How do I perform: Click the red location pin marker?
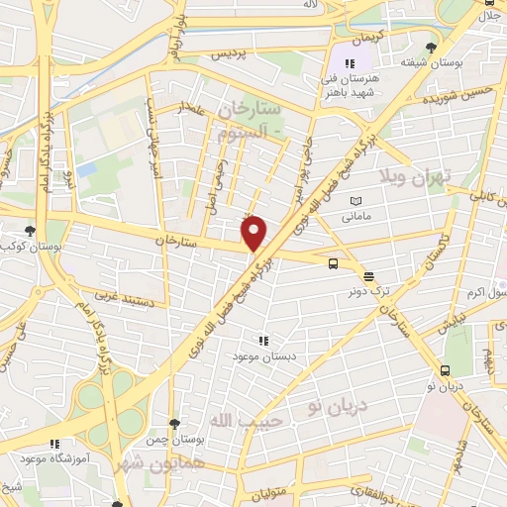pos(255,233)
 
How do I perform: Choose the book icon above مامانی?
pos(355,200)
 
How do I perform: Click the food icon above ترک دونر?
pos(368,276)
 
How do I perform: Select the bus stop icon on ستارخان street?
pos(333,263)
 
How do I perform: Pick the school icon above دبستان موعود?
pos(262,338)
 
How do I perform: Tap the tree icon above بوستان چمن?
pos(174,423)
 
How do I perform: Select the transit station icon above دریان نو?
pos(444,370)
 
